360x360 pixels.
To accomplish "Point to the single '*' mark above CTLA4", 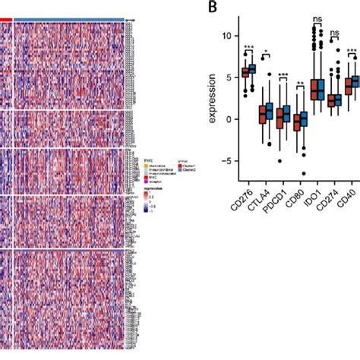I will point(265,52).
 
